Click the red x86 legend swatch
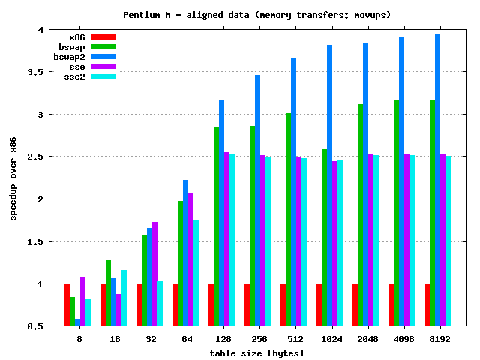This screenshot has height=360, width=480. point(103,37)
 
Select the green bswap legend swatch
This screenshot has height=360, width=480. point(103,46)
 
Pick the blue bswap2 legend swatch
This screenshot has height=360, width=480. point(103,56)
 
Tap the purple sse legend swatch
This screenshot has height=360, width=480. point(103,66)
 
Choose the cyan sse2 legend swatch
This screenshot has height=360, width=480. point(103,76)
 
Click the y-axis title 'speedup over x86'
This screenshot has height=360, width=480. point(13,179)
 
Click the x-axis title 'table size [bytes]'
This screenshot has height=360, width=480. point(256,352)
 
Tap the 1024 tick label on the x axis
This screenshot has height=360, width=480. point(328,339)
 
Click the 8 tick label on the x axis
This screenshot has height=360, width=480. point(78,339)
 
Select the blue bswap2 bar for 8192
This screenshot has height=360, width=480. point(438,180)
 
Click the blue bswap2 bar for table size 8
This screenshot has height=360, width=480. point(78,322)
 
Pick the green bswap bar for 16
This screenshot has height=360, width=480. point(109,292)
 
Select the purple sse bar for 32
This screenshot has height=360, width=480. point(155,274)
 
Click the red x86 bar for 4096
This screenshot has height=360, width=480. point(391,304)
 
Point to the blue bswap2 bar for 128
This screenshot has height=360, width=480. point(222,213)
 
